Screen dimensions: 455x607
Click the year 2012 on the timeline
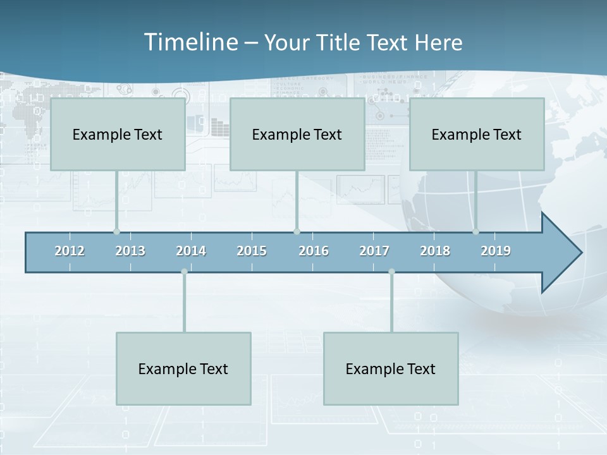[70, 251]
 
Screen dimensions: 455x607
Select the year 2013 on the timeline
[130, 251]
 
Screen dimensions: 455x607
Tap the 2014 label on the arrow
[191, 251]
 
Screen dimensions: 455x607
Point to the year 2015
[252, 251]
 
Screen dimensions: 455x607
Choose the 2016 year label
[314, 251]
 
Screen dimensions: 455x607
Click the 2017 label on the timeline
[374, 251]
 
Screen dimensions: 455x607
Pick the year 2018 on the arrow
[435, 251]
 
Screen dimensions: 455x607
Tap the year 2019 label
[496, 251]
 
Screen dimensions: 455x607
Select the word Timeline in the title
[190, 42]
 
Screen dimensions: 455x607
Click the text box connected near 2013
[118, 134]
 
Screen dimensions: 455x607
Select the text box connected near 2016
[297, 134]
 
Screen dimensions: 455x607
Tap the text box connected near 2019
[477, 134]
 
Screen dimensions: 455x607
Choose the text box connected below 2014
[183, 368]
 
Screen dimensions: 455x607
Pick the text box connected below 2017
[391, 368]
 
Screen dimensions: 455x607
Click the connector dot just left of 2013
[116, 231]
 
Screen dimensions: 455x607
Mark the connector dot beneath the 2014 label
[184, 272]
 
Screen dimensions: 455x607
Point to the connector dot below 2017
[391, 272]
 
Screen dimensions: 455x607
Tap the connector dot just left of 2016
[297, 231]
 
